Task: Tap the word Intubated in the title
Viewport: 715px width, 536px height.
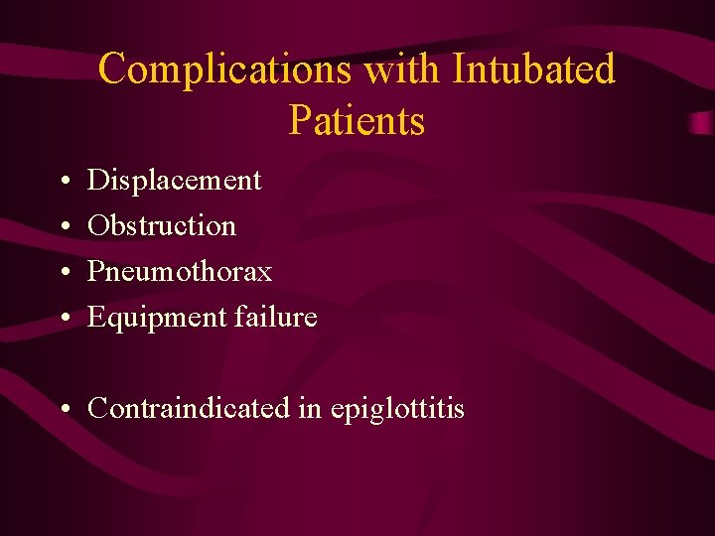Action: click(x=533, y=70)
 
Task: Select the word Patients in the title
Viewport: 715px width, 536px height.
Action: click(x=357, y=121)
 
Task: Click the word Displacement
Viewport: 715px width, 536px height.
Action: click(x=175, y=181)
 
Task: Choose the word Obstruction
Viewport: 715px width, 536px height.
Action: click(x=162, y=226)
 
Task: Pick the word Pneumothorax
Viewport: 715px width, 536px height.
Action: click(x=180, y=272)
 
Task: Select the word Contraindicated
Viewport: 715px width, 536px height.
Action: click(x=189, y=409)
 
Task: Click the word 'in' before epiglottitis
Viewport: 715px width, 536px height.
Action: click(x=310, y=409)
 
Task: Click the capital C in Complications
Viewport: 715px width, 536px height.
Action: click(x=114, y=70)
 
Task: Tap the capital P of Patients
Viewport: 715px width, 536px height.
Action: click(x=299, y=121)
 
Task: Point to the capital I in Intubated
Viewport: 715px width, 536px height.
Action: click(x=459, y=70)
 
